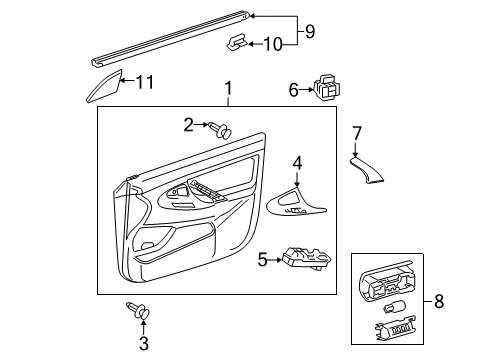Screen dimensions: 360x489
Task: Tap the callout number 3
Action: coord(144,343)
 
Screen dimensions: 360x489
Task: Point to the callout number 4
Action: coord(297,162)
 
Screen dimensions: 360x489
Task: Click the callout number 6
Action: coord(294,90)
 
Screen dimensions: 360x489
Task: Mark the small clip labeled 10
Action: coord(236,43)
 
